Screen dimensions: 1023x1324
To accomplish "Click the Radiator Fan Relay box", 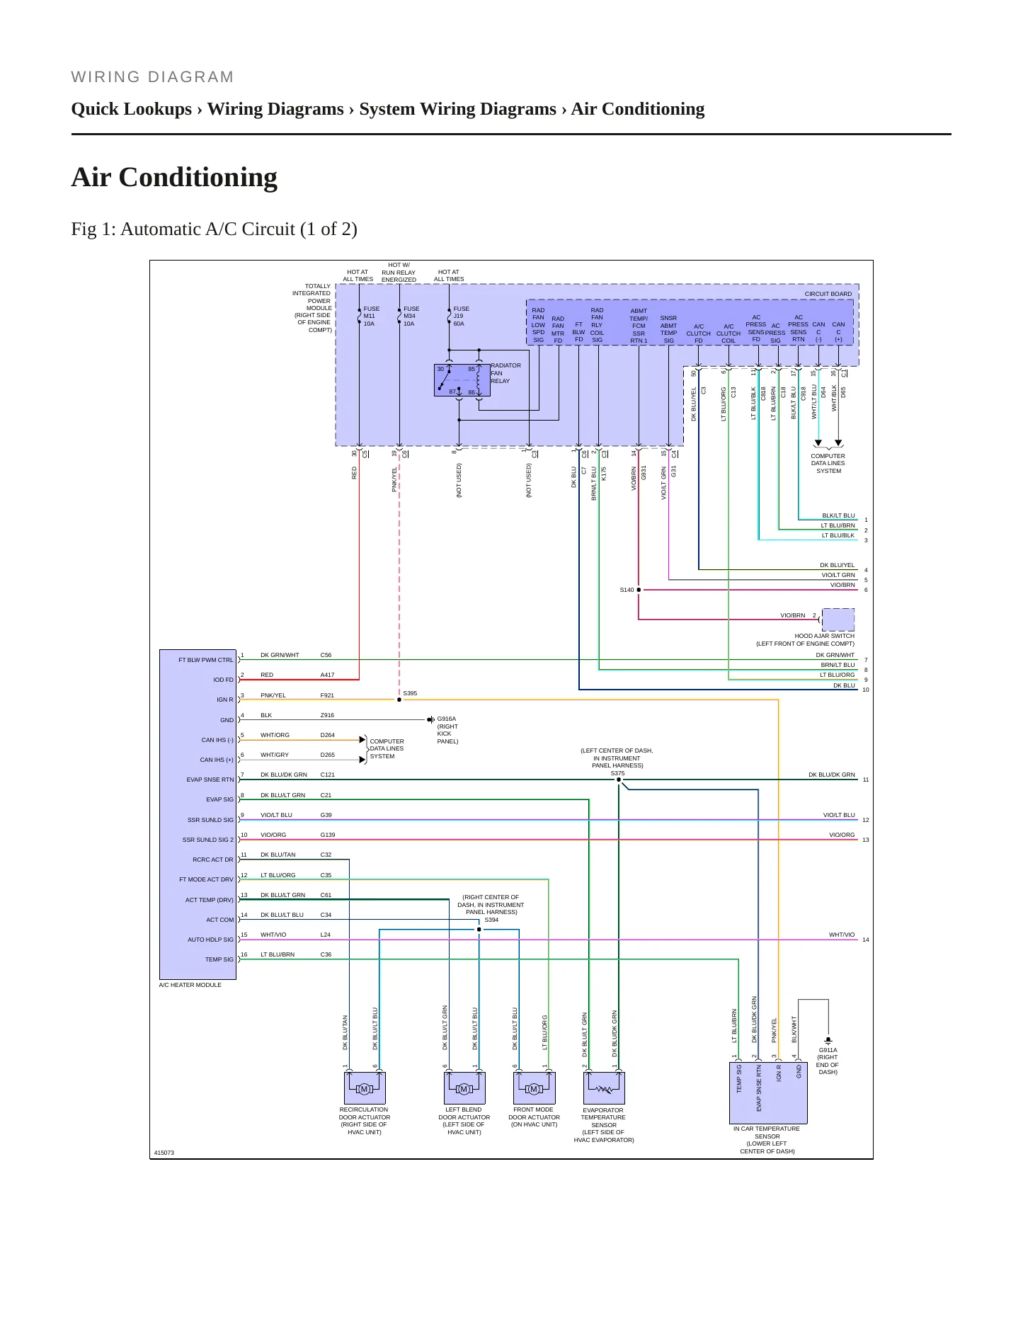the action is click(457, 380).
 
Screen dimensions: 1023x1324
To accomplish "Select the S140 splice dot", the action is click(639, 590).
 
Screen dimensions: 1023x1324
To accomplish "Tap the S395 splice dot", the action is click(399, 700).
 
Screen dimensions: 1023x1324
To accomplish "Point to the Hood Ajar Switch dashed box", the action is click(838, 620).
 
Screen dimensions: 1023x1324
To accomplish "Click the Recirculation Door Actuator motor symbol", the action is click(364, 1089).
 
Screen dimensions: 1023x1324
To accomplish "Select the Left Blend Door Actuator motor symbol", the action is click(464, 1089).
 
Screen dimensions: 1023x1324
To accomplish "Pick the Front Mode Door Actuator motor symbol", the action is click(534, 1089).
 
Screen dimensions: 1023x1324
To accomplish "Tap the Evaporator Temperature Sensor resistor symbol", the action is click(603, 1089).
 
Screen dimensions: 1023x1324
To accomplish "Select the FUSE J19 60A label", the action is click(461, 316).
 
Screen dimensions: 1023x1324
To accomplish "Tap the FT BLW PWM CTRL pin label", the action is click(205, 660).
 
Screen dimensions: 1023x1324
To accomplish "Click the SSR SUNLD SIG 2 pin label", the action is click(207, 840).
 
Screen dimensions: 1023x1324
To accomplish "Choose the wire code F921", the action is click(327, 695).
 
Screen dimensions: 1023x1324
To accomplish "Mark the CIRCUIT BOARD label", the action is click(828, 294).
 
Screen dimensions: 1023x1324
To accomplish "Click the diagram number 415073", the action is click(164, 1153).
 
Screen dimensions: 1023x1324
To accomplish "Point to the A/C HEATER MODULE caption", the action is click(190, 985).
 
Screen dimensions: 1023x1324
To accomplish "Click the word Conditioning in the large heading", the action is click(198, 178).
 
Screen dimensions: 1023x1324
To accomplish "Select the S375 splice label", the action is click(617, 773).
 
